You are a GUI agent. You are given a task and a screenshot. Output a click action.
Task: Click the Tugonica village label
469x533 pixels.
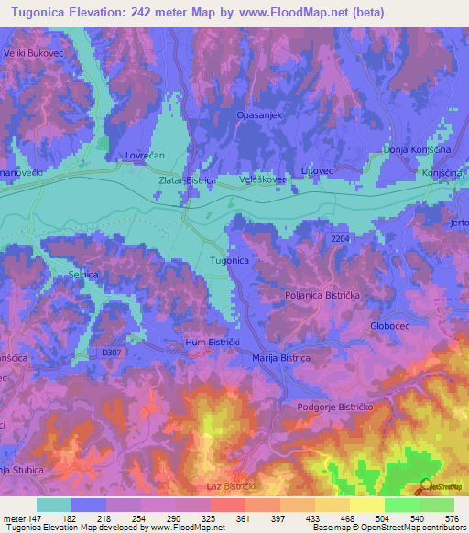tap(230, 261)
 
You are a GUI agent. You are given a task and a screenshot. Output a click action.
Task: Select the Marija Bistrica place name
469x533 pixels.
tap(281, 358)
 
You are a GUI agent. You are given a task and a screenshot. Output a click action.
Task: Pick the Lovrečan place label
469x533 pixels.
tap(144, 157)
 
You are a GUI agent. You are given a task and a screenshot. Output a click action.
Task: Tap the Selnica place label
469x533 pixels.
tap(83, 275)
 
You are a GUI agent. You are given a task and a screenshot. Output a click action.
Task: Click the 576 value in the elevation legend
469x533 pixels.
tap(451, 518)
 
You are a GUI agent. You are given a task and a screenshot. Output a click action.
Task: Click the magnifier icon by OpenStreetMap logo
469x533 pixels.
tap(424, 484)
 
